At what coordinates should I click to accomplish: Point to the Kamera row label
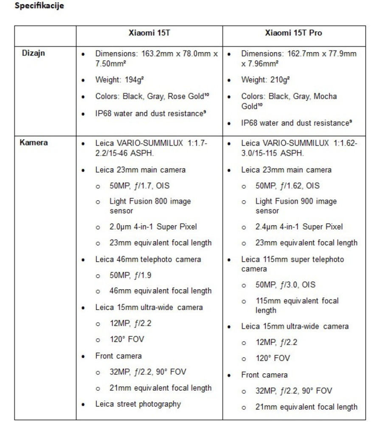(x=34, y=143)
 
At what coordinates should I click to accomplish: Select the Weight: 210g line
(x=259, y=80)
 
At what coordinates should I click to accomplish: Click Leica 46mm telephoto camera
(x=148, y=259)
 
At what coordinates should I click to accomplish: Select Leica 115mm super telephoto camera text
(x=292, y=263)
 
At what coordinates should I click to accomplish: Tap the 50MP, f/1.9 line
(x=130, y=275)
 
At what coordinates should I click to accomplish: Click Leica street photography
(x=138, y=404)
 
